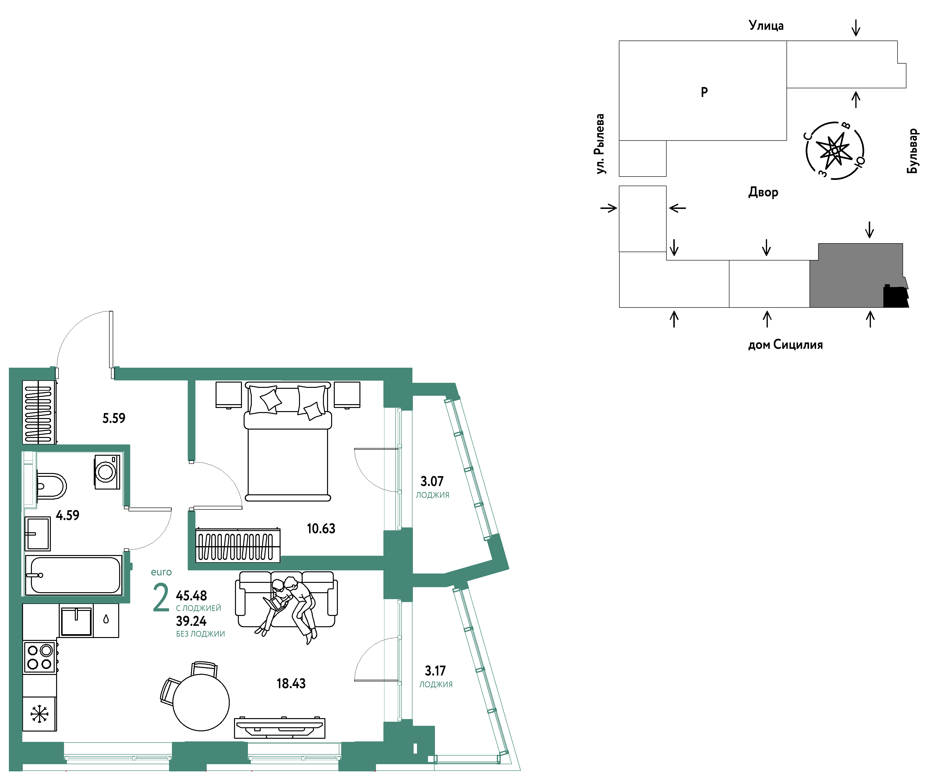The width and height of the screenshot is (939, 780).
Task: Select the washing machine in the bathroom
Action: point(107,472)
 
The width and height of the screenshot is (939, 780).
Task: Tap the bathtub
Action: point(74,575)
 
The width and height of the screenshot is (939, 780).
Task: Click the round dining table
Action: point(201,702)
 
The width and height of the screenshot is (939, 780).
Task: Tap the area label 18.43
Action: point(291,683)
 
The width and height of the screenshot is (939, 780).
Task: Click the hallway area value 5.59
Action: point(114,418)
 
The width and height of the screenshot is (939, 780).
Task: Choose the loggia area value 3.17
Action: point(435,671)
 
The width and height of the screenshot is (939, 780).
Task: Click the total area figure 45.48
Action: point(191,596)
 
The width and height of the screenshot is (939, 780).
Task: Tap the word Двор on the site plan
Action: point(763,192)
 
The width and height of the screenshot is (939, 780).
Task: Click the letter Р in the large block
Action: point(704,92)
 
